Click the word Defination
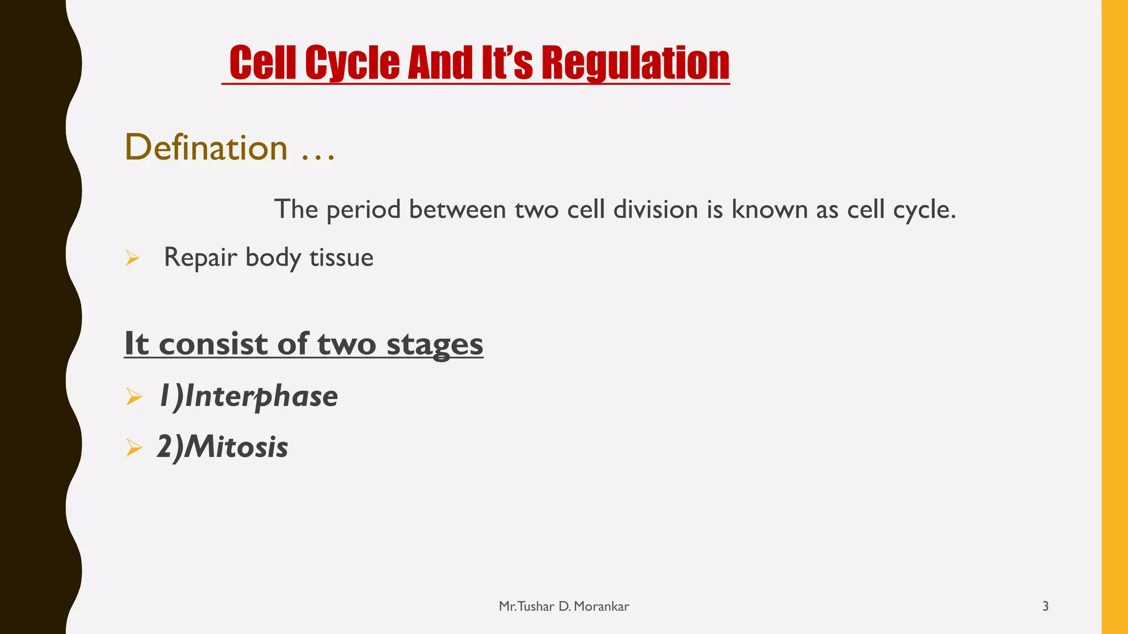click(x=206, y=147)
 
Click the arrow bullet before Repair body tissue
click(x=133, y=258)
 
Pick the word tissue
click(x=341, y=258)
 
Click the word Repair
click(x=200, y=258)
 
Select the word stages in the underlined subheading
click(x=435, y=344)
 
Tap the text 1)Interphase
click(x=248, y=396)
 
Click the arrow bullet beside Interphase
click(x=134, y=396)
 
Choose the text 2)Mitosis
click(x=223, y=446)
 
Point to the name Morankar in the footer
click(x=601, y=606)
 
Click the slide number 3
click(x=1045, y=606)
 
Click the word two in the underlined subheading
click(x=346, y=344)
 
